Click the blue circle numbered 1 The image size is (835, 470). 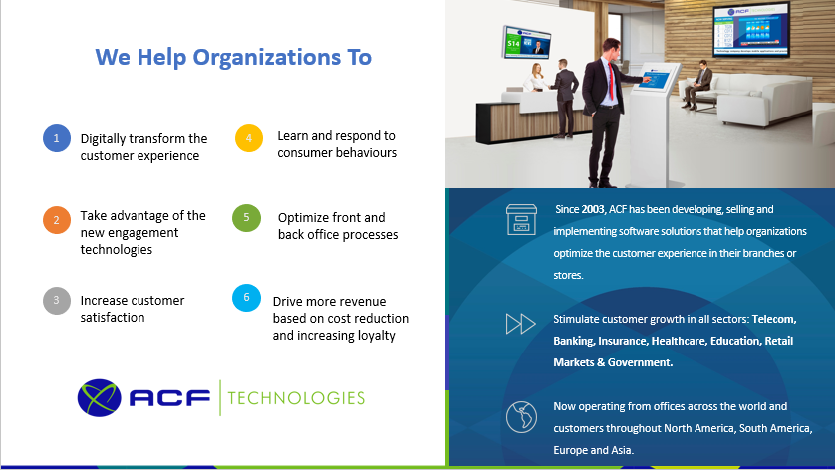pyautogui.click(x=57, y=138)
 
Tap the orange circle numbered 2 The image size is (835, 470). pyautogui.click(x=57, y=220)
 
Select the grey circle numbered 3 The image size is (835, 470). pyautogui.click(x=57, y=300)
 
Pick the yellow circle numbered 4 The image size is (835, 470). pyautogui.click(x=249, y=138)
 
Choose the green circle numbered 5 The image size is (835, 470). pyautogui.click(x=246, y=218)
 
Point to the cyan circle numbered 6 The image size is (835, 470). pyautogui.click(x=246, y=298)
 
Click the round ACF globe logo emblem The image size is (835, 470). pyautogui.click(x=99, y=397)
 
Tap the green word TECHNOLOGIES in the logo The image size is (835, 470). pyautogui.click(x=296, y=398)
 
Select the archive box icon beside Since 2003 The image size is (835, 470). pyautogui.click(x=521, y=219)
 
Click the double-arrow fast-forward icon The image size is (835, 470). pyautogui.click(x=520, y=324)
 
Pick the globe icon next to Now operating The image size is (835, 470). pyautogui.click(x=521, y=417)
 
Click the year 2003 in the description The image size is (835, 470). pyautogui.click(x=593, y=209)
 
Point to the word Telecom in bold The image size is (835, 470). pyautogui.click(x=774, y=319)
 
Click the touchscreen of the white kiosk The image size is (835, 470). pyautogui.click(x=655, y=79)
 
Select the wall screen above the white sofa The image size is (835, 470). pyautogui.click(x=751, y=30)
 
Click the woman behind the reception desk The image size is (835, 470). pyautogui.click(x=536, y=78)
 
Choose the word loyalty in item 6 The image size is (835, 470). pyautogui.click(x=376, y=336)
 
